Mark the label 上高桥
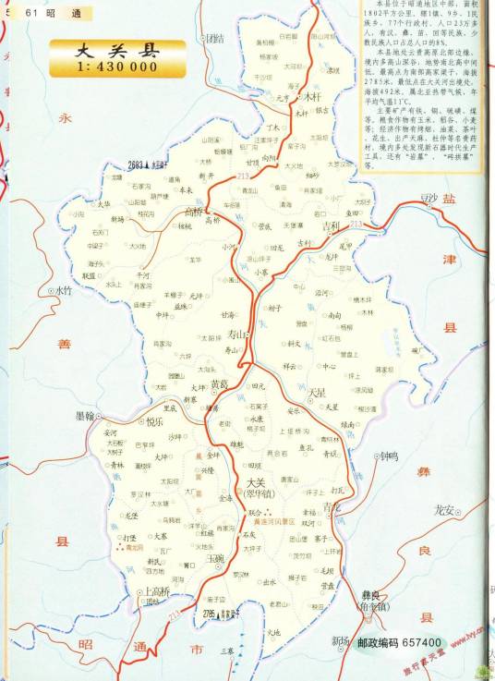[x=153, y=592]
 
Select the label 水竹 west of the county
[x=62, y=289]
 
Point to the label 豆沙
[x=428, y=198]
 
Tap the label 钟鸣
[x=389, y=456]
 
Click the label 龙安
[x=444, y=509]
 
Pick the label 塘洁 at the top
[x=215, y=39]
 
